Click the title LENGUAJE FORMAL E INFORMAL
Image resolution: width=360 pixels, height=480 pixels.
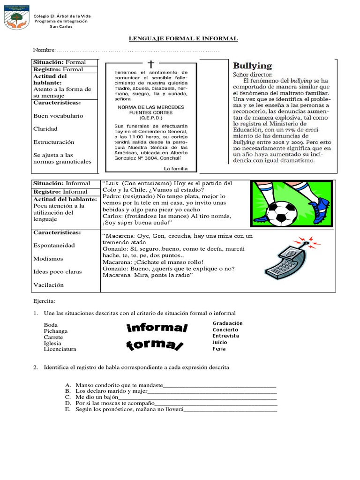click(183, 38)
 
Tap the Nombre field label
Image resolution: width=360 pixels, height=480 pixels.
click(44, 50)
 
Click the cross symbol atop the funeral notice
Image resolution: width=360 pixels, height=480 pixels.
click(150, 64)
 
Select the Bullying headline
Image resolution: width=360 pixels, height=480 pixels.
click(252, 66)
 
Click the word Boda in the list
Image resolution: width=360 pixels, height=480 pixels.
click(51, 325)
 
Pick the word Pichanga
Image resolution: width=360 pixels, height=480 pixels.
click(55, 331)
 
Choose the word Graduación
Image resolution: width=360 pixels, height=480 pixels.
click(227, 323)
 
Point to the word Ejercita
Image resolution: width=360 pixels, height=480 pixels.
click(44, 300)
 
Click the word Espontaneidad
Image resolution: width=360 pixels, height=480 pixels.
click(54, 245)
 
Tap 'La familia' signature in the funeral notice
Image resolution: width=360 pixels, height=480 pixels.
click(175, 168)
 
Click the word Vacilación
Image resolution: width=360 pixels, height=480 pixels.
click(48, 285)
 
